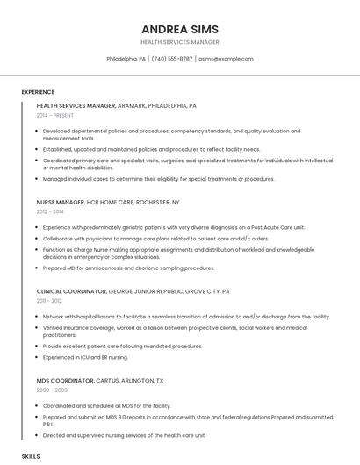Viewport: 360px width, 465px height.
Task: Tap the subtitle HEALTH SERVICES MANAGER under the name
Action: (x=180, y=42)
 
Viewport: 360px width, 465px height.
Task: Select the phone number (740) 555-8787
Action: (x=172, y=59)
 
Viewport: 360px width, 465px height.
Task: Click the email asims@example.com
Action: (x=226, y=59)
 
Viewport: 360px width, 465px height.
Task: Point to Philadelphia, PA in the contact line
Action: (x=126, y=59)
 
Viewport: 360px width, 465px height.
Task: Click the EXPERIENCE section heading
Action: (x=38, y=92)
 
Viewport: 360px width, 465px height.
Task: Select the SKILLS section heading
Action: (x=31, y=456)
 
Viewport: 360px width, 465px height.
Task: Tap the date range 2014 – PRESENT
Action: (x=55, y=115)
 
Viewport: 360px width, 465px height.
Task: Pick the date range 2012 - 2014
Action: (x=50, y=211)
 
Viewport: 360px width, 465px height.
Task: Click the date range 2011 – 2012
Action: (x=50, y=300)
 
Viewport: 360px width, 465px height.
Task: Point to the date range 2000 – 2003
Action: (x=52, y=390)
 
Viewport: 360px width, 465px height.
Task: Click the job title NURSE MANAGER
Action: (x=61, y=202)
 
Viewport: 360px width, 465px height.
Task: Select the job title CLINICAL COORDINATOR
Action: (x=71, y=290)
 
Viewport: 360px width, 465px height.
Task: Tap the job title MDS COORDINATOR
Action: (x=65, y=380)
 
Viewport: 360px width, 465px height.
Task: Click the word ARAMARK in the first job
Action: (x=132, y=105)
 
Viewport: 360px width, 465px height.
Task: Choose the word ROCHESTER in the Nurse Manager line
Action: (x=154, y=202)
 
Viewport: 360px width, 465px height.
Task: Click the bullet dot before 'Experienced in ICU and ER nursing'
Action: (x=38, y=357)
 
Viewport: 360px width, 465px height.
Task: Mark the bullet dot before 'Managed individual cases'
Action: (x=38, y=179)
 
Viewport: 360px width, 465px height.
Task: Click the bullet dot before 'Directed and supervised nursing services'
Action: (x=38, y=435)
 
